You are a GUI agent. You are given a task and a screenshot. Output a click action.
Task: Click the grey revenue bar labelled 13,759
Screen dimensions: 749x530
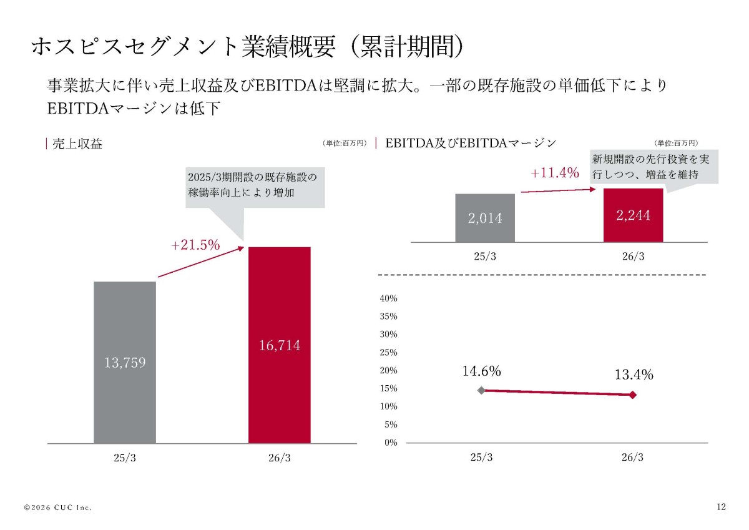point(125,363)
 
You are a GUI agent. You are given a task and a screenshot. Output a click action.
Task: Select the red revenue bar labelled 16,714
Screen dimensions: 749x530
point(279,345)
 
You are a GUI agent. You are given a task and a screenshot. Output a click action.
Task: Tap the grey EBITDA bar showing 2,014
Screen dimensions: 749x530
point(485,218)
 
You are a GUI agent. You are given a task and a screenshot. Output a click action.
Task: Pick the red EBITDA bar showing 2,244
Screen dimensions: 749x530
point(634,215)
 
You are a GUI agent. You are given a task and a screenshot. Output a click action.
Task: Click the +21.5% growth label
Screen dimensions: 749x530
point(195,245)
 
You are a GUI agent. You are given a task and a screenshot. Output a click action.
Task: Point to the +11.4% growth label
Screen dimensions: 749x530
point(555,173)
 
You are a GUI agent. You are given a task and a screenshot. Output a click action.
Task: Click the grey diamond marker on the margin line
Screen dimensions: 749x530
point(481,390)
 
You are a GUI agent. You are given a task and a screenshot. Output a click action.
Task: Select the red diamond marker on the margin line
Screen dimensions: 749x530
point(633,395)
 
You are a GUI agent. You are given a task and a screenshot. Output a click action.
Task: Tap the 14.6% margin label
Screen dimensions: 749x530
point(481,371)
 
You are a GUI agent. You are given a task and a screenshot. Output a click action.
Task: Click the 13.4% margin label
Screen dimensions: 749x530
point(634,375)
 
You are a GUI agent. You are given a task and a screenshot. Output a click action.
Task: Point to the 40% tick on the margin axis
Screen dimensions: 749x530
point(388,298)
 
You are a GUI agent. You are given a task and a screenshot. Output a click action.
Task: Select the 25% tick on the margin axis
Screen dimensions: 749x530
point(388,353)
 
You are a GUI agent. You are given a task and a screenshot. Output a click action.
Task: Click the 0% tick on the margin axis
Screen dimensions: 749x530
point(391,443)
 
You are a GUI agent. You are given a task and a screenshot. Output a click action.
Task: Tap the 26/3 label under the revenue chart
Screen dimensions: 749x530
point(279,458)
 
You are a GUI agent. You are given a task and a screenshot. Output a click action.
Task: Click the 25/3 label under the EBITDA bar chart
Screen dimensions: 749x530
point(485,257)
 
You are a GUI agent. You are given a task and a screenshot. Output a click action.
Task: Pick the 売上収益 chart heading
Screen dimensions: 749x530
point(77,144)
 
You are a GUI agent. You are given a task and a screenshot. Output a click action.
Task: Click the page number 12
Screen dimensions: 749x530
point(722,507)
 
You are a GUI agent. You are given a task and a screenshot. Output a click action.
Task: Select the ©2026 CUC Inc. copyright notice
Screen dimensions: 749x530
point(58,508)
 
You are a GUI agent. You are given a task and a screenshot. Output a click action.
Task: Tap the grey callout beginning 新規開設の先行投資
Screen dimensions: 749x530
point(654,167)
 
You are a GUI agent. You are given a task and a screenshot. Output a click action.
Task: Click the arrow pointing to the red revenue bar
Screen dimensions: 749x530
point(201,262)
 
